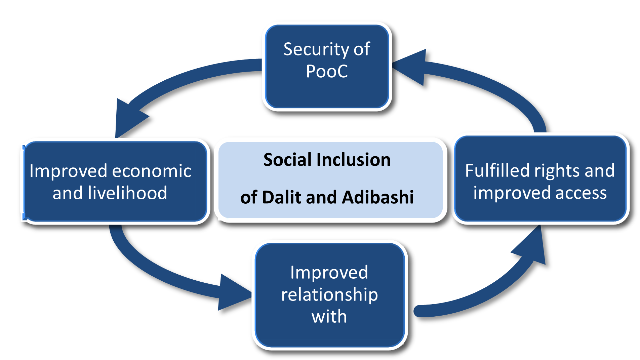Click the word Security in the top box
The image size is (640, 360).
[x=311, y=50]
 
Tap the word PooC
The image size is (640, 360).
[x=327, y=72]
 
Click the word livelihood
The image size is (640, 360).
[x=127, y=193]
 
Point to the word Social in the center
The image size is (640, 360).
[x=287, y=160]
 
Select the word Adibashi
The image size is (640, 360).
[x=378, y=197]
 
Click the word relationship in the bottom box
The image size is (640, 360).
[x=329, y=295]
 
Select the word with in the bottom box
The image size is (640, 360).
[x=329, y=317]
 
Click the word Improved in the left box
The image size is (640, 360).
[x=68, y=171]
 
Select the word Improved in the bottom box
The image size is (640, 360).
[x=329, y=272]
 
